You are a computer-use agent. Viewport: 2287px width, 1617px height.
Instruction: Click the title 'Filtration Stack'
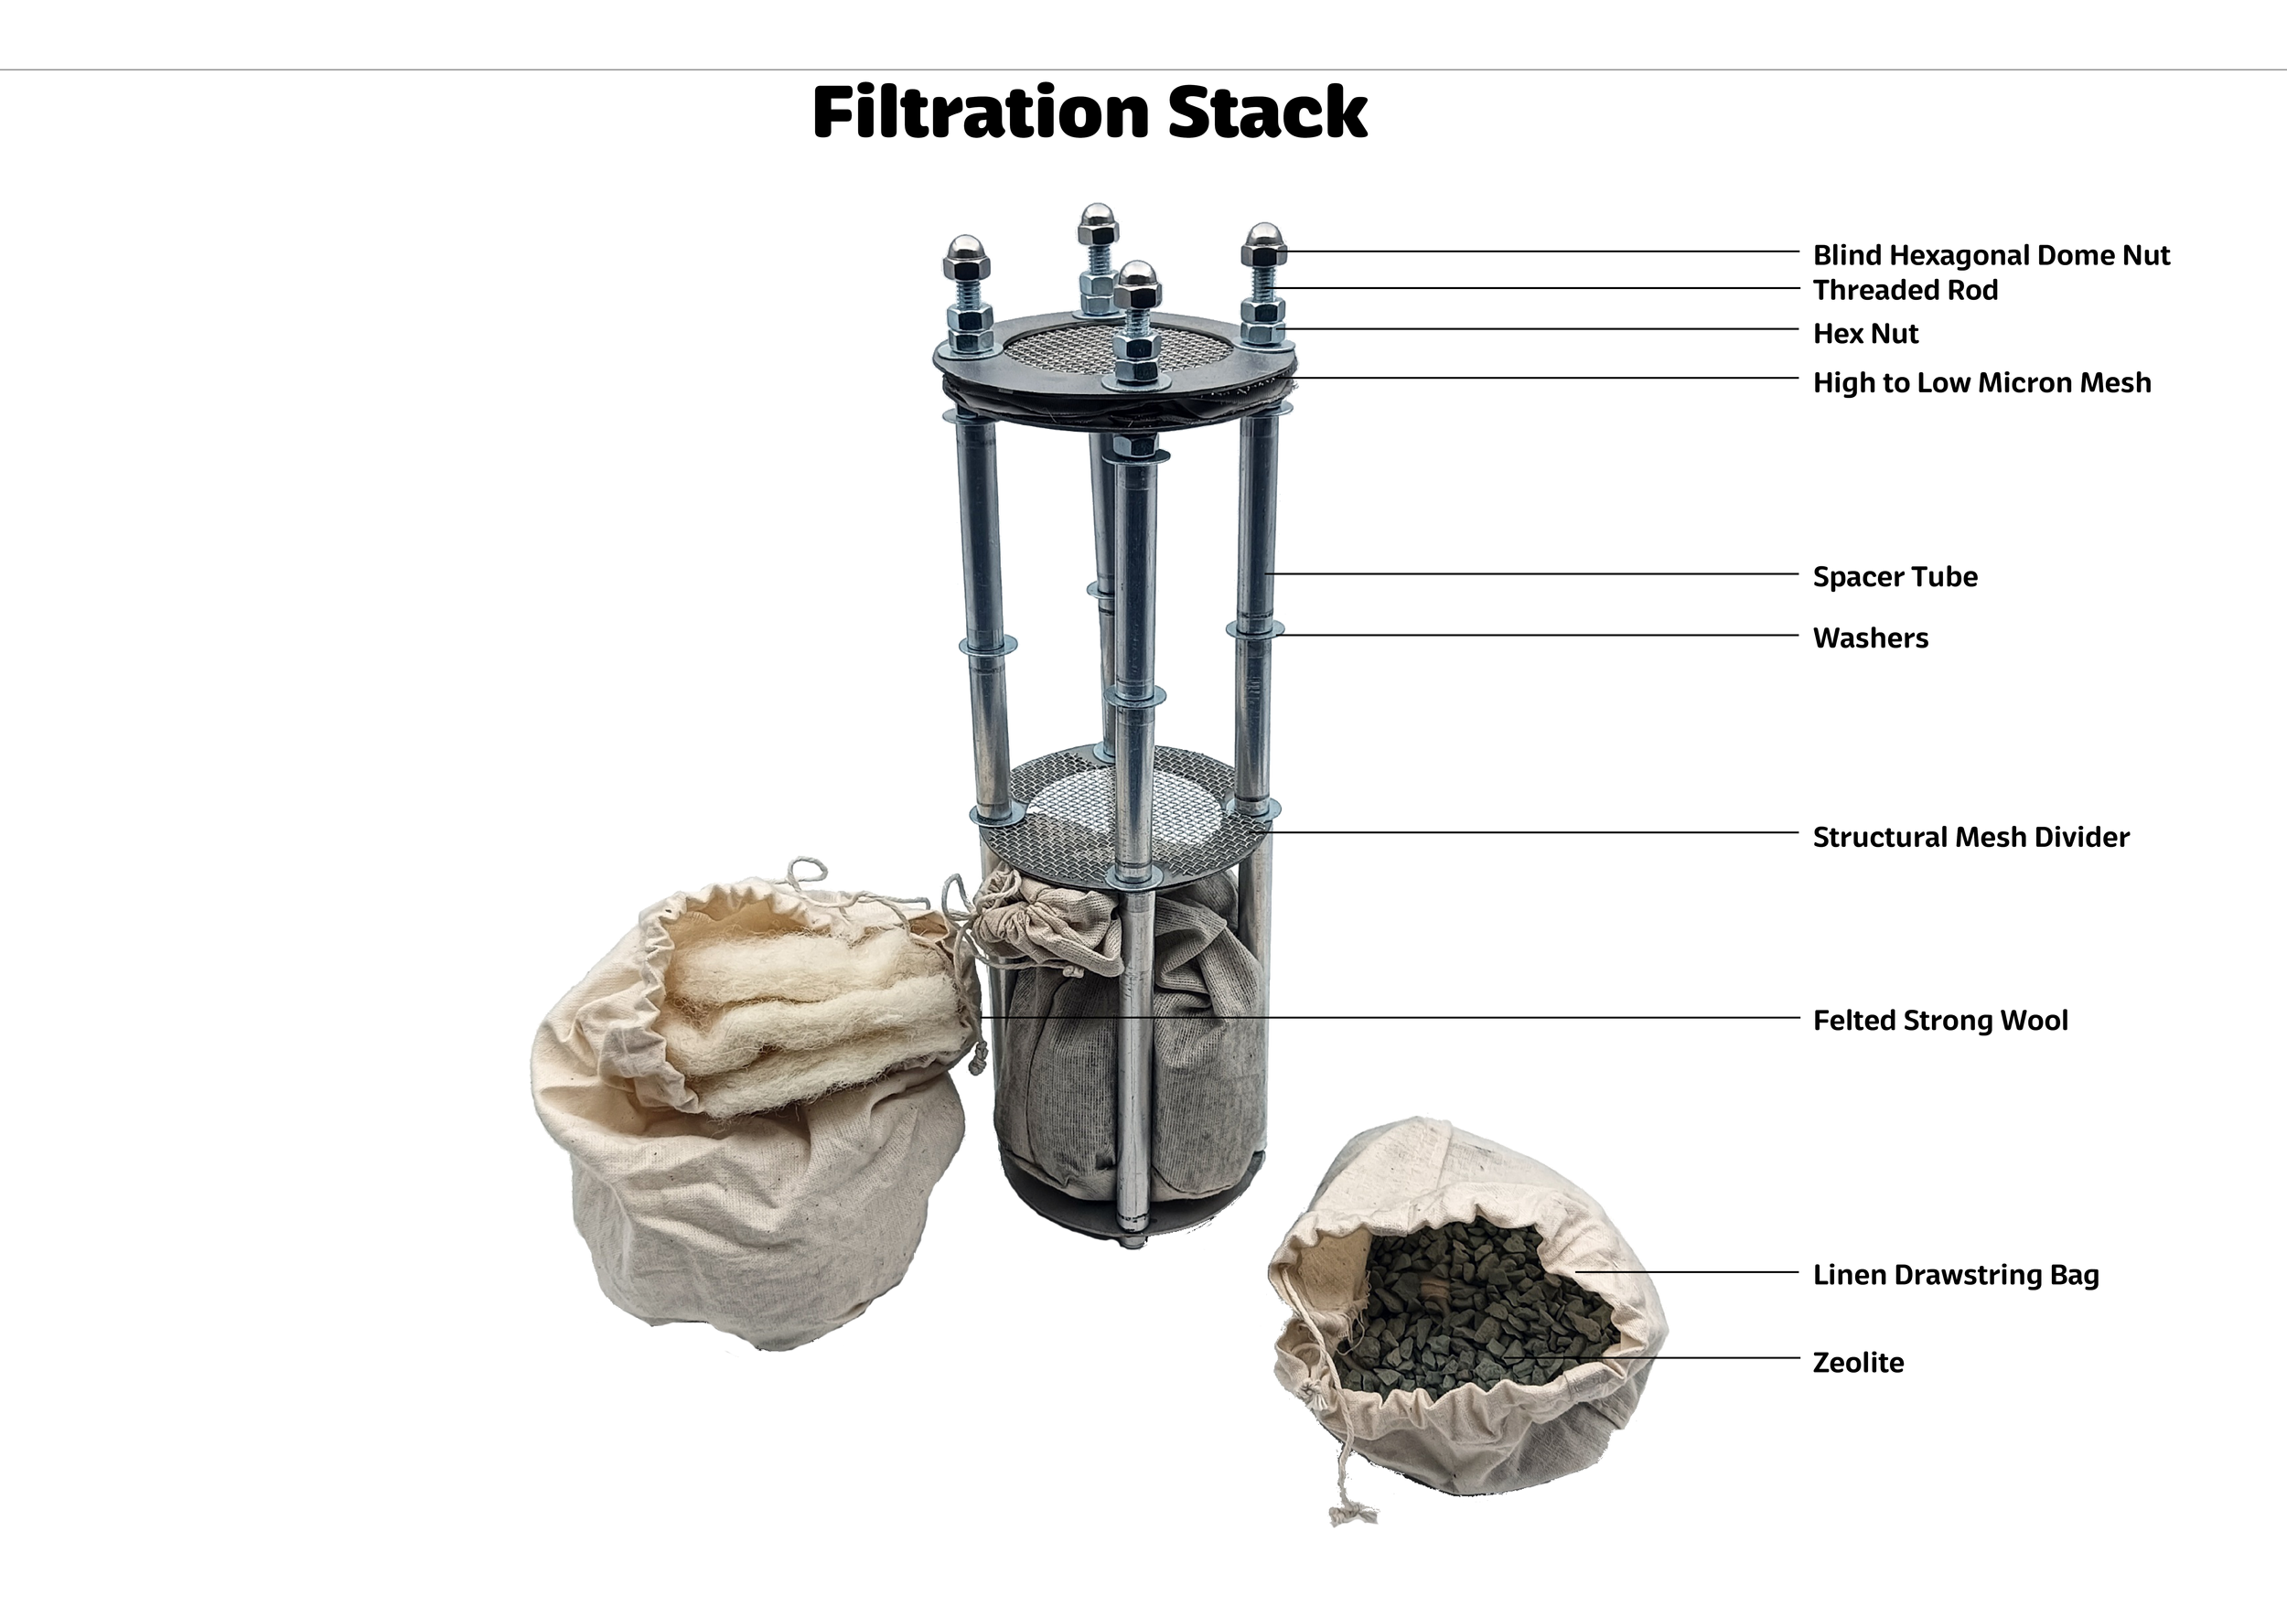(1090, 112)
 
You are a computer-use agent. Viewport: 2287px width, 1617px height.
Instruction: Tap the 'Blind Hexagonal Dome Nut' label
(1991, 256)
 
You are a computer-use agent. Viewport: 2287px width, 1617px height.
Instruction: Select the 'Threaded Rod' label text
(1905, 290)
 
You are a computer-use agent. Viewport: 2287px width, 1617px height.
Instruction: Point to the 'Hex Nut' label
(1864, 334)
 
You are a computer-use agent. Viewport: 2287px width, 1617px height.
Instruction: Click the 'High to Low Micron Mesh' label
(1981, 382)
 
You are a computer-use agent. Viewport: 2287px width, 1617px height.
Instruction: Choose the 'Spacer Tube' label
(1895, 576)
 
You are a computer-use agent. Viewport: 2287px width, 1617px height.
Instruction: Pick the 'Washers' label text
(1870, 638)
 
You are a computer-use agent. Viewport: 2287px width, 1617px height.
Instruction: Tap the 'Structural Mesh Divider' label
(1970, 838)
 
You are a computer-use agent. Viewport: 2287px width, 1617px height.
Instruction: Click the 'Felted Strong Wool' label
(1939, 1021)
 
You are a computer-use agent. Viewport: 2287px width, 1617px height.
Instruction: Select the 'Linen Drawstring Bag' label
(1955, 1276)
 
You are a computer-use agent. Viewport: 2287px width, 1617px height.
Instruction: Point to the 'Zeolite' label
(1858, 1363)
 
